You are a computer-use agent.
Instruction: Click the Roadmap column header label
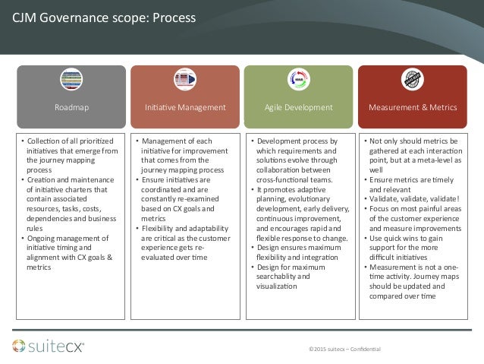tap(71, 108)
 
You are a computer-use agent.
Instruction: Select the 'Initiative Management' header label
tap(185, 108)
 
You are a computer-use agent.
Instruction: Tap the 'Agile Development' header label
tap(298, 108)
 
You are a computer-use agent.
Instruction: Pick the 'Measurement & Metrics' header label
tap(412, 108)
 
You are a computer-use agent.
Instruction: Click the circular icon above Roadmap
tap(71, 80)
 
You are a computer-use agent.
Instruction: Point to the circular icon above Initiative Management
tap(185, 80)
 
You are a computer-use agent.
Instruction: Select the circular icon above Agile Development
tap(297, 80)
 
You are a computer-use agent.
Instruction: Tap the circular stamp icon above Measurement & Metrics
tap(412, 80)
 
